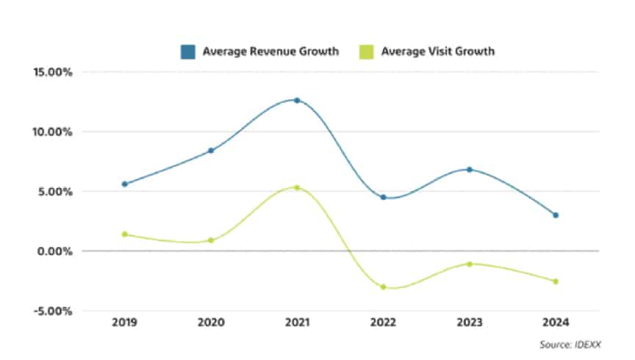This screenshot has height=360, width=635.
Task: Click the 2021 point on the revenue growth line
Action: click(297, 100)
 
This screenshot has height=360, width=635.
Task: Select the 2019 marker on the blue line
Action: click(124, 184)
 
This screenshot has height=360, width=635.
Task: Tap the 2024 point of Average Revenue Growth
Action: click(556, 215)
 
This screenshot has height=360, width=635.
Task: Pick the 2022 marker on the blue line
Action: click(383, 197)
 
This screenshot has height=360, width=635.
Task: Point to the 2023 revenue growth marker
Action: click(469, 170)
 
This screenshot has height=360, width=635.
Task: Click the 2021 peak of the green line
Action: click(297, 187)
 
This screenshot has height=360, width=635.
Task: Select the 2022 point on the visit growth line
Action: click(383, 287)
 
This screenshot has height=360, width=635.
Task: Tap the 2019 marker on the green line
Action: click(124, 234)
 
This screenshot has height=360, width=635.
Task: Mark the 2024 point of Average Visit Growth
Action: click(556, 281)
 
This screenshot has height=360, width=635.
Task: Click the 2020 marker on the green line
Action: click(211, 240)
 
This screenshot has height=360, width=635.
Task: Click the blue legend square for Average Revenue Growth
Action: click(188, 51)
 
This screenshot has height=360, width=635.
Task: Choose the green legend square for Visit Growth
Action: click(367, 51)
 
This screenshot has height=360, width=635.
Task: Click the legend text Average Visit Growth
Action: click(437, 51)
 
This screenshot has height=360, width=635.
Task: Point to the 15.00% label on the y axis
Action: click(51, 73)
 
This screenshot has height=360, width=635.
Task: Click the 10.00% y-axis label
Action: click(51, 132)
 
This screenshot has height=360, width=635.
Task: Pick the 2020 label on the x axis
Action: click(211, 323)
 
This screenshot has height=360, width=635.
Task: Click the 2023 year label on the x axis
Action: click(469, 323)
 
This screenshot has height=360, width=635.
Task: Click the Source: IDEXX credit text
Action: click(569, 343)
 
